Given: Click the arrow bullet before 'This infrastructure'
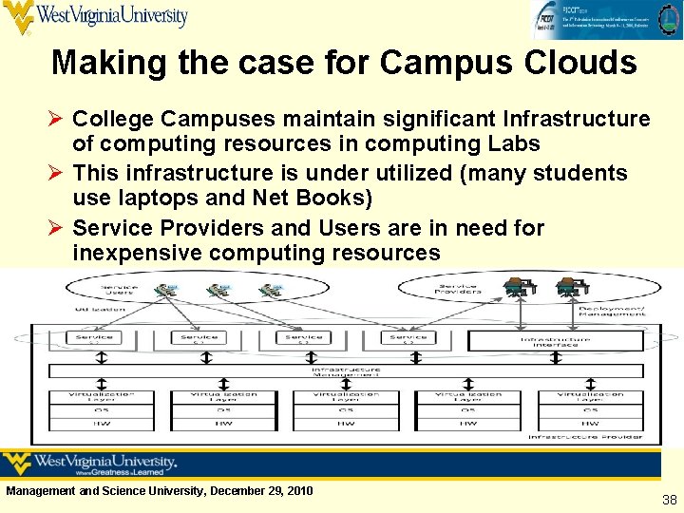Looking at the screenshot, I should (57, 173).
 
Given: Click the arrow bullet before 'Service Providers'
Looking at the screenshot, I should (57, 228).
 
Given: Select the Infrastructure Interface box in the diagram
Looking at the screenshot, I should (555, 339).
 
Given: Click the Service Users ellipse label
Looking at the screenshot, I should (120, 289).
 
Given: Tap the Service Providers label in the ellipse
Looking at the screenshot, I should (457, 288).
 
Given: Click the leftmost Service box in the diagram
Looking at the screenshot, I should (93, 338).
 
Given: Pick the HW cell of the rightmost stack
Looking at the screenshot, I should (589, 423).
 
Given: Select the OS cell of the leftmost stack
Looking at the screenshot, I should (101, 410).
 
